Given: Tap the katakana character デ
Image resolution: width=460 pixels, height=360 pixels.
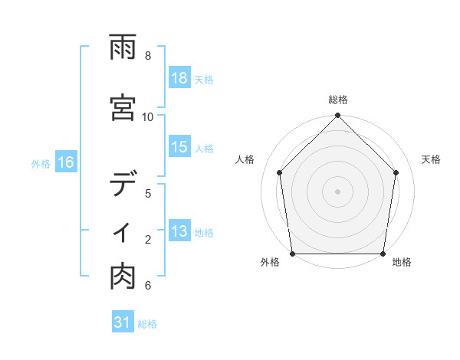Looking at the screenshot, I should [x=123, y=185].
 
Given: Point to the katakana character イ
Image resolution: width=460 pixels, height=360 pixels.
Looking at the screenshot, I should [x=123, y=232].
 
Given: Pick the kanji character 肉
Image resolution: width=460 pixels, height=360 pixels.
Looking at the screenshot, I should [x=123, y=278].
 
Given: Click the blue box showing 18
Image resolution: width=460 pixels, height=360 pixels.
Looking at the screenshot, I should [x=179, y=78].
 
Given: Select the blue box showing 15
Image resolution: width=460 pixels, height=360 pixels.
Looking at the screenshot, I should [x=179, y=147].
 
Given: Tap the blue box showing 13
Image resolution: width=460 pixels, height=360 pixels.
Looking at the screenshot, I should [x=179, y=231].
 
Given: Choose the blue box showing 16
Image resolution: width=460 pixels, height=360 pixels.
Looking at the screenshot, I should [x=66, y=162].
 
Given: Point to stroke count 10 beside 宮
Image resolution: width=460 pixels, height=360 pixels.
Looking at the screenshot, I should [x=148, y=116].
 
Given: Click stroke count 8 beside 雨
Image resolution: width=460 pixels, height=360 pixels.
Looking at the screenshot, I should [x=148, y=56].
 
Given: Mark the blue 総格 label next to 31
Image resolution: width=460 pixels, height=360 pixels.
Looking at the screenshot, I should [x=148, y=324].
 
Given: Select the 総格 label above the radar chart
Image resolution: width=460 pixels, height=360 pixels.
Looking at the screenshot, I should [x=338, y=100].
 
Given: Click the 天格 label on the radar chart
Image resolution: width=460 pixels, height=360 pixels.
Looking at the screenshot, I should [x=432, y=159].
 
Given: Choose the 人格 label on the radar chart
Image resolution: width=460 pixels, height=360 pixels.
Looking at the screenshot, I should [x=245, y=159].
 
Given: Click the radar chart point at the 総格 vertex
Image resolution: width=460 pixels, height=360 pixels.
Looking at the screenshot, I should [x=338, y=116].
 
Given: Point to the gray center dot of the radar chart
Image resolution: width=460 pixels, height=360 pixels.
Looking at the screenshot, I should [x=338, y=191].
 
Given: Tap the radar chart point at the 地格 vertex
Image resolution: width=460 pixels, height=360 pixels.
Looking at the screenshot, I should [x=383, y=254].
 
